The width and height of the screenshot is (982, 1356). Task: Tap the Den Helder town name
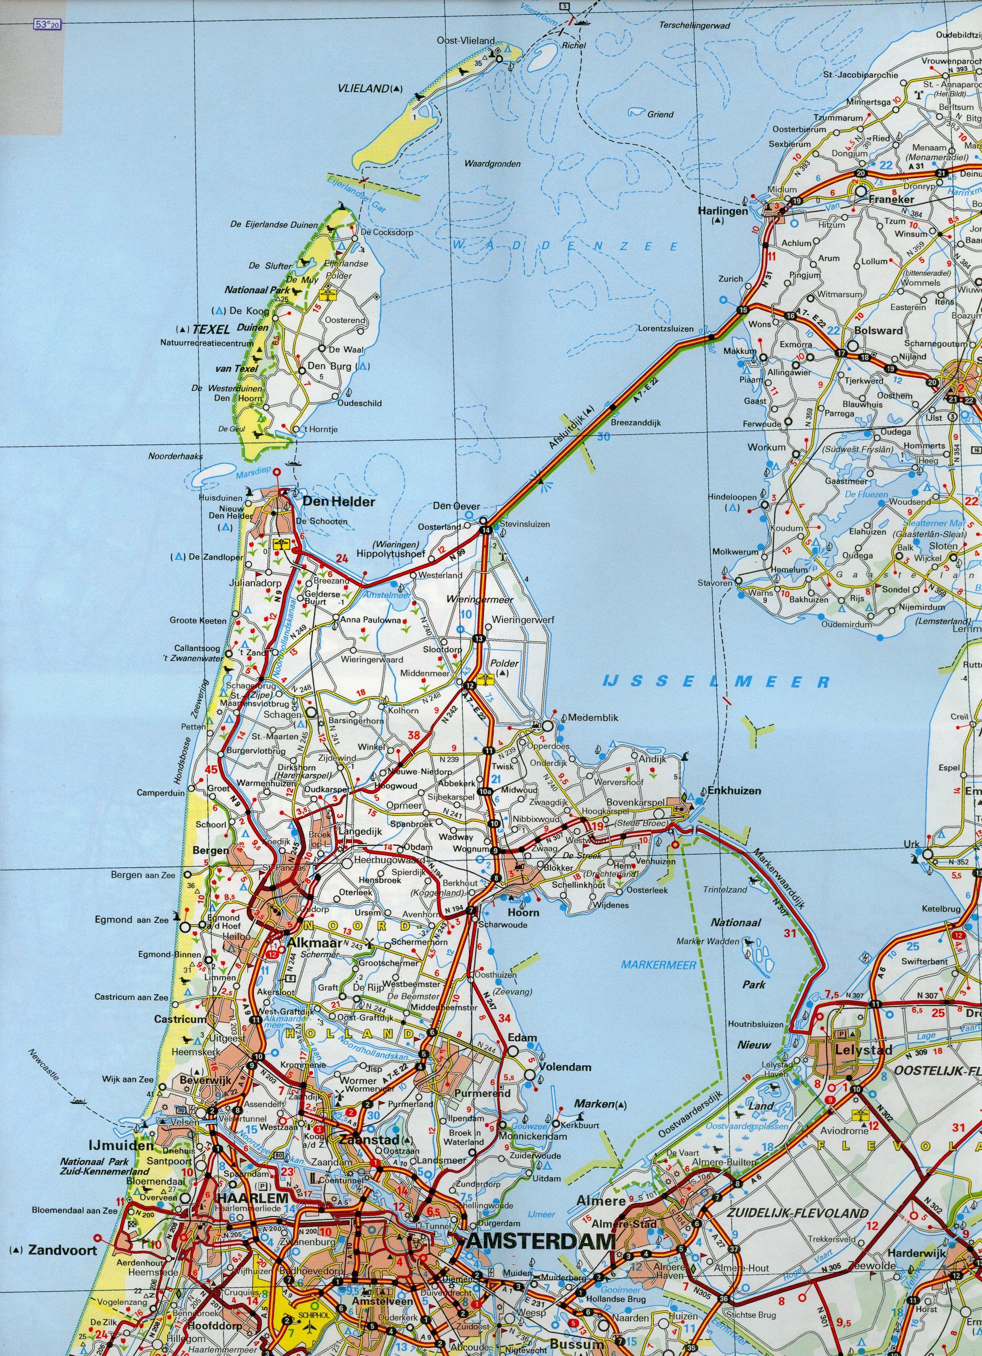[339, 502]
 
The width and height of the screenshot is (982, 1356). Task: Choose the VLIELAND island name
[363, 89]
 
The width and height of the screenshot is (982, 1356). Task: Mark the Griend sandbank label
[660, 114]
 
